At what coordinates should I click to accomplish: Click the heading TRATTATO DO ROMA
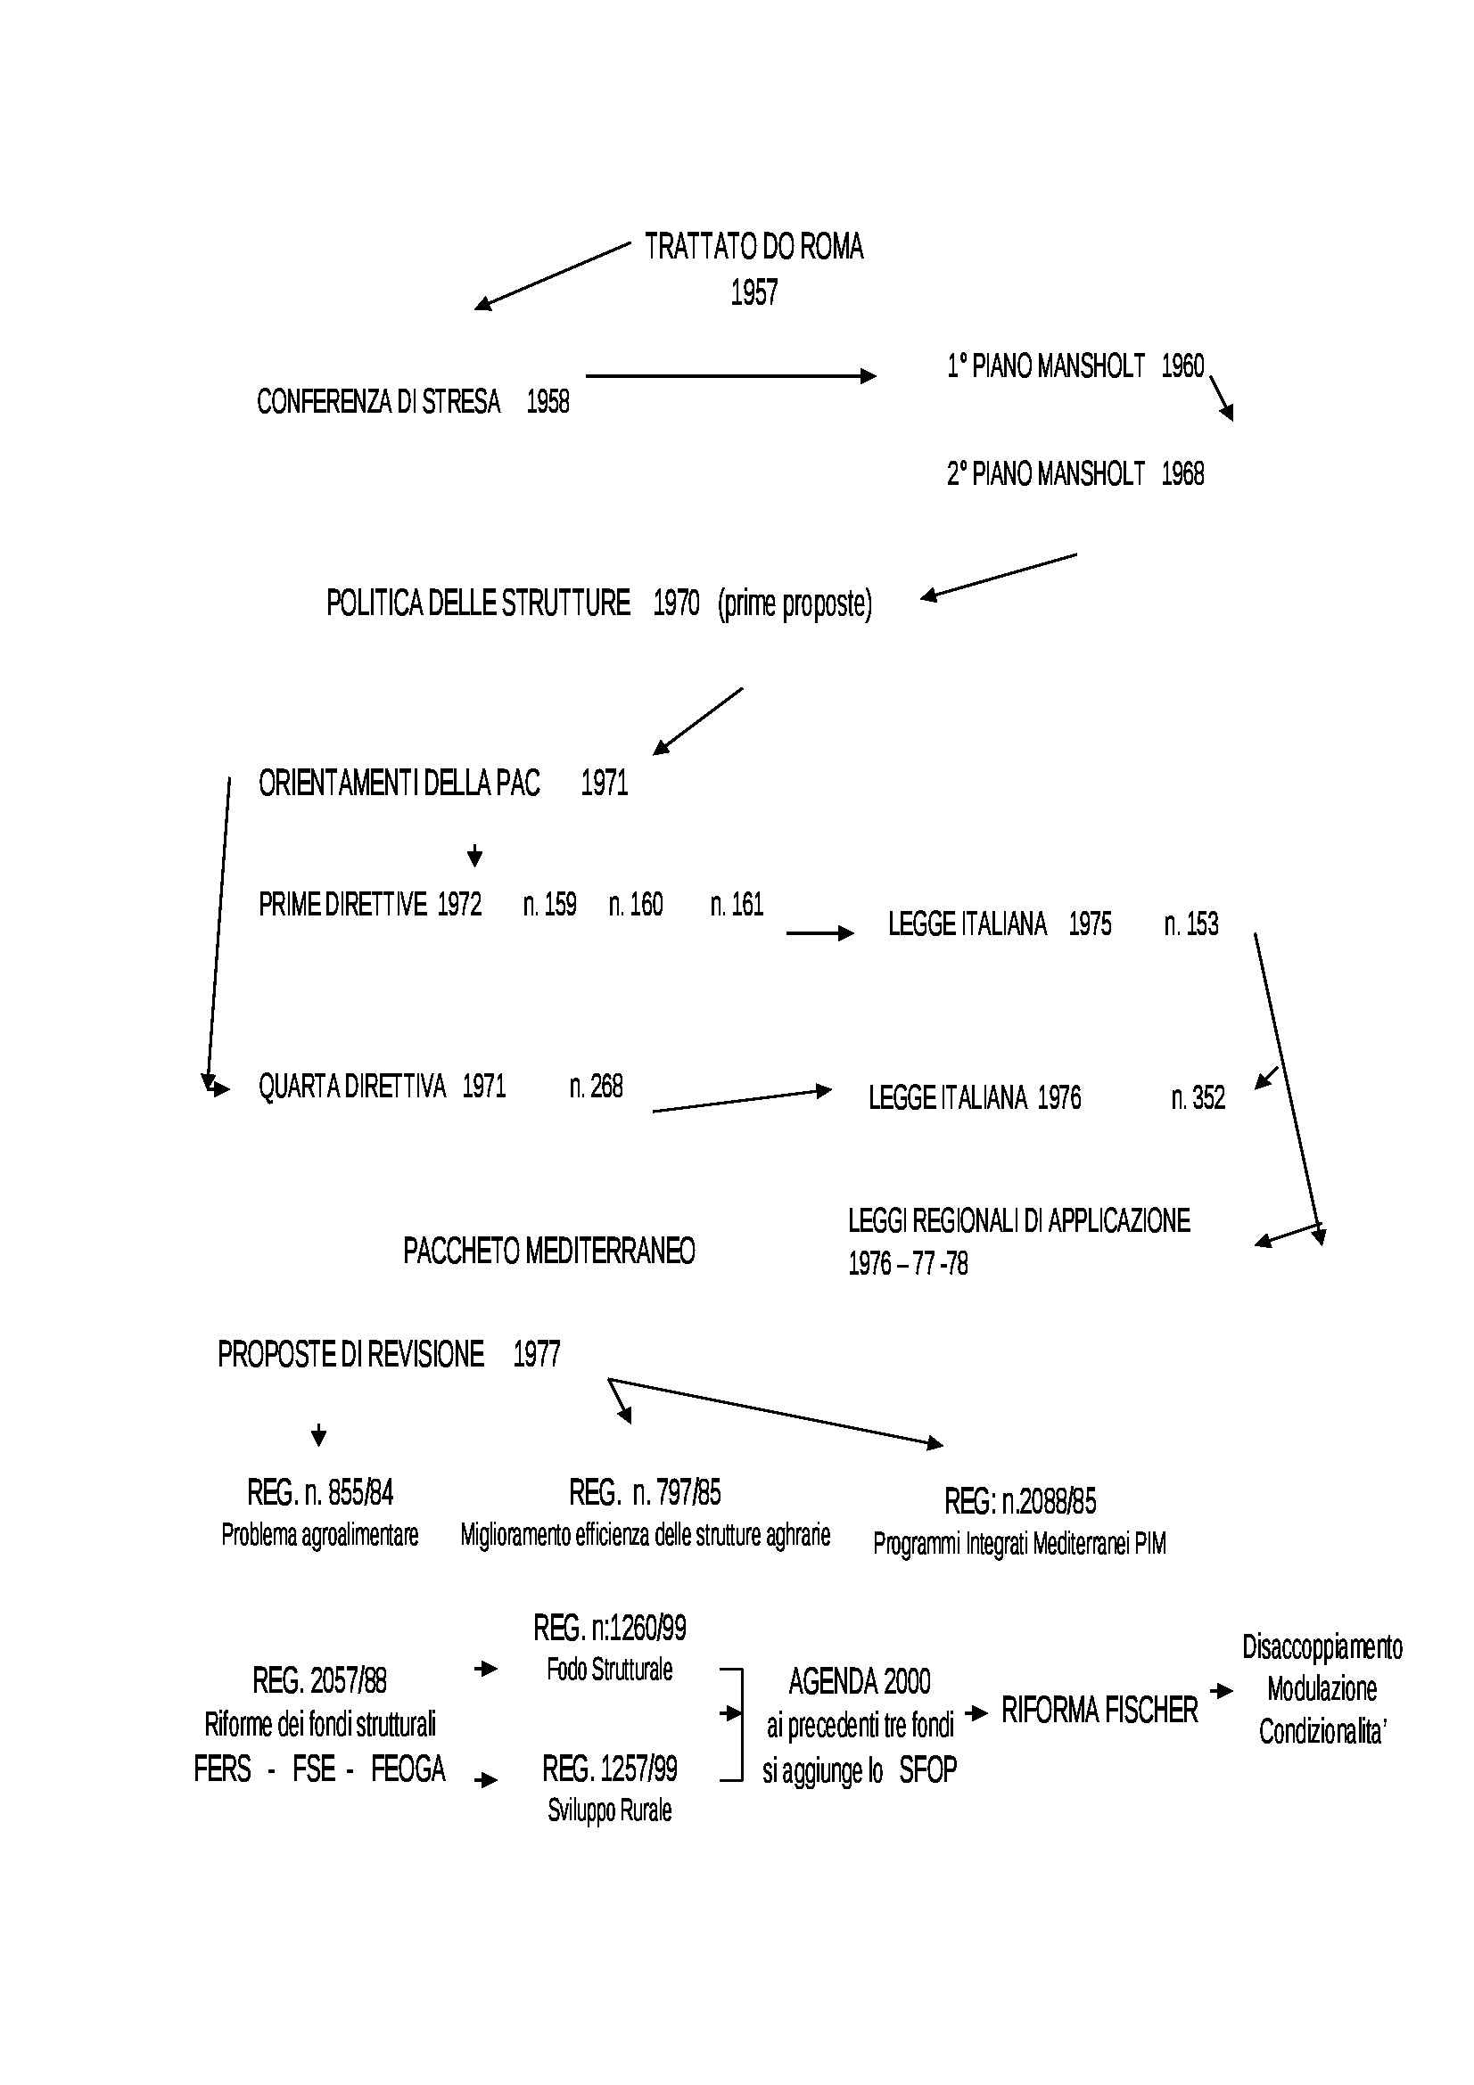[x=753, y=247]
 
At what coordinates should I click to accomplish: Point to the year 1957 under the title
[x=753, y=292]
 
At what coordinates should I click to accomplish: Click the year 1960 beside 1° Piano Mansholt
[x=1182, y=366]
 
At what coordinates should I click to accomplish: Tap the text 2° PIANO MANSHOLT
[x=1045, y=474]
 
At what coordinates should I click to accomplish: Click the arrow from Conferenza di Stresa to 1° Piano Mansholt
[x=730, y=376]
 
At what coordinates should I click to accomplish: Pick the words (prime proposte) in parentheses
[x=794, y=603]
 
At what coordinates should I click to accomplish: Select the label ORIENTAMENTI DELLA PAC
[x=399, y=783]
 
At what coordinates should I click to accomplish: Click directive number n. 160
[x=636, y=905]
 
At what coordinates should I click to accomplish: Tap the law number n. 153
[x=1190, y=924]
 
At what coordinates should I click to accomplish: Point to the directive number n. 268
[x=596, y=1086]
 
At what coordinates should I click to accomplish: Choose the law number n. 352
[x=1197, y=1098]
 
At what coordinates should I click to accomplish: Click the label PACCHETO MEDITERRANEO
[x=548, y=1252]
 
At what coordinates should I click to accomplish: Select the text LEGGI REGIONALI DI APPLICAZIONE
[x=1018, y=1221]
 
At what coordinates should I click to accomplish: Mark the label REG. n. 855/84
[x=320, y=1492]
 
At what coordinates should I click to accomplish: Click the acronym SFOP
[x=927, y=1770]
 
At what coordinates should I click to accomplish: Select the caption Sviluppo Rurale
[x=609, y=1810]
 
